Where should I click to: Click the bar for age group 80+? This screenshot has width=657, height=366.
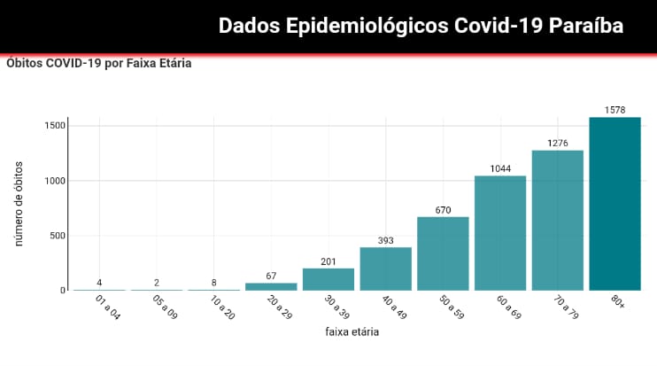[614, 204]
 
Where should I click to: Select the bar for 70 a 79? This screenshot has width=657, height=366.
[558, 221]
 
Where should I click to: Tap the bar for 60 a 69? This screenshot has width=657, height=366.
[500, 233]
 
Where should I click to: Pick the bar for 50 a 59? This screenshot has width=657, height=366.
[443, 253]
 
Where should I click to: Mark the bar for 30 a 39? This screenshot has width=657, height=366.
[328, 279]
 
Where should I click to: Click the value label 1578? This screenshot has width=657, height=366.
[614, 111]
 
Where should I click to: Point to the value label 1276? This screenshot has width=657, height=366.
[558, 144]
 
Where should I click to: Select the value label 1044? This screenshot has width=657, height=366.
[500, 169]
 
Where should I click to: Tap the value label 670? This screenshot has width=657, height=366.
[443, 210]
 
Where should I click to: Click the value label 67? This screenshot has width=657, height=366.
[271, 276]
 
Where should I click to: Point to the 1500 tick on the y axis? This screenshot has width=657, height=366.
[54, 126]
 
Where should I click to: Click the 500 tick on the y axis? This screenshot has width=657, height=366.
[57, 236]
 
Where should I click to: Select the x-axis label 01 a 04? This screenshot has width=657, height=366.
[107, 307]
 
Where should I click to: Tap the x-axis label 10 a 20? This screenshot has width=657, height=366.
[221, 307]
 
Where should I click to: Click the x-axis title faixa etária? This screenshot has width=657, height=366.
[355, 332]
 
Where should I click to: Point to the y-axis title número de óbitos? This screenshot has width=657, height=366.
[19, 205]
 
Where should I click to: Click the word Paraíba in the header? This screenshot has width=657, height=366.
[586, 27]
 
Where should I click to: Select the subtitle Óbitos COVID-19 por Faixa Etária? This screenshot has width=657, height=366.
[98, 64]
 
